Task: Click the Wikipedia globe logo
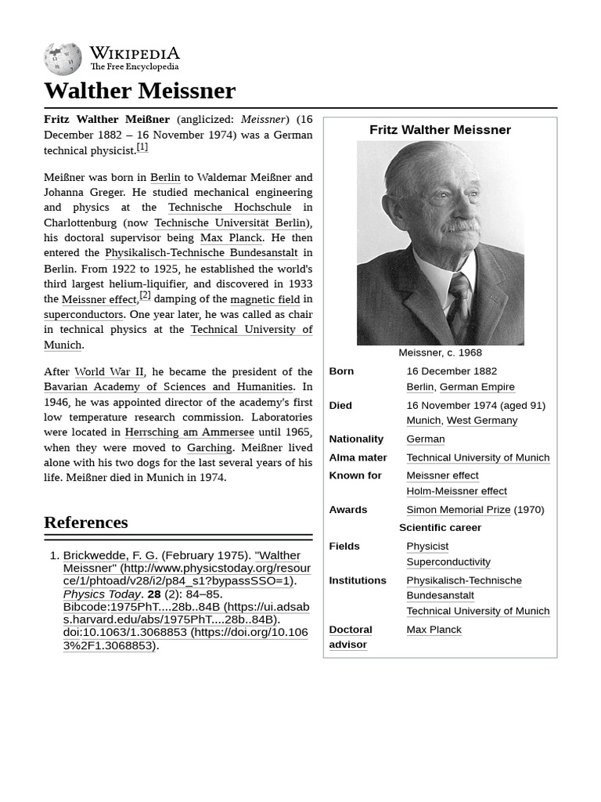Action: click(x=63, y=59)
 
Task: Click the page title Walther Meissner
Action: click(x=139, y=91)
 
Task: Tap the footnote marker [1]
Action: click(x=142, y=147)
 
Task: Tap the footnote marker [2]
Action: click(x=145, y=295)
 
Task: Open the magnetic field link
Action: click(x=265, y=299)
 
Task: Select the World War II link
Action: click(x=109, y=372)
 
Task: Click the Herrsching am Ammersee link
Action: click(x=189, y=432)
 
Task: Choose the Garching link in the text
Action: click(x=209, y=448)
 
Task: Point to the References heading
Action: click(x=86, y=522)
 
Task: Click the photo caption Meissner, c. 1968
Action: click(x=440, y=353)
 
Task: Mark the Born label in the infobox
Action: click(x=341, y=371)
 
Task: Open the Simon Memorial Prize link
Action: click(x=458, y=510)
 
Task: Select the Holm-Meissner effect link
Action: click(x=456, y=491)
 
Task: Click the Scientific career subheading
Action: click(x=440, y=528)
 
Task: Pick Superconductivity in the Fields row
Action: click(x=448, y=562)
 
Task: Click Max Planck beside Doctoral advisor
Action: click(x=434, y=630)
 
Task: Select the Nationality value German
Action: click(x=425, y=439)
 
